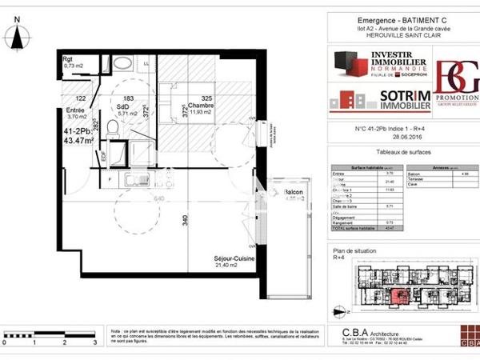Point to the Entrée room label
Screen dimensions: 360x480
click(x=75, y=110)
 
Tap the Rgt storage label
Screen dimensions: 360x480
click(x=69, y=58)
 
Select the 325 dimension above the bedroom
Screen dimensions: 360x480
click(x=206, y=97)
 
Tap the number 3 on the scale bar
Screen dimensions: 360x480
click(x=94, y=342)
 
